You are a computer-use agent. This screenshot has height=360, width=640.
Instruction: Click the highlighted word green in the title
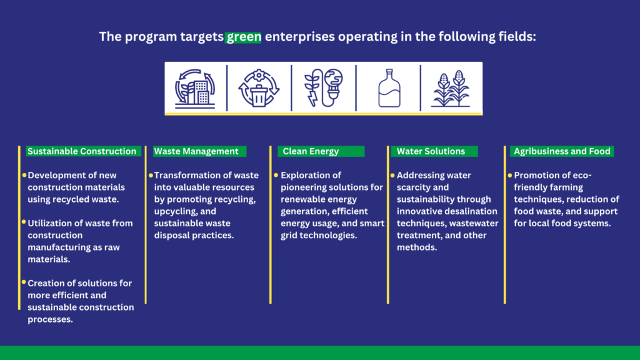point(243,37)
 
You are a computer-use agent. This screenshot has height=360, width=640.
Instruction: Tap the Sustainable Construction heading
point(82,151)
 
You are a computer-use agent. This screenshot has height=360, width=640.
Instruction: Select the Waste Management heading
point(196,151)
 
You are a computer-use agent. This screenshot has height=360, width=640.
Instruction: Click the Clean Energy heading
point(311,151)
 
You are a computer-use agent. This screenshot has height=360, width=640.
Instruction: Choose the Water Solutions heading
point(431,151)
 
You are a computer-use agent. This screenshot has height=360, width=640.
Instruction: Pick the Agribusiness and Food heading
point(562,151)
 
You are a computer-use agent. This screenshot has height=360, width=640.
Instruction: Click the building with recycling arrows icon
point(195,89)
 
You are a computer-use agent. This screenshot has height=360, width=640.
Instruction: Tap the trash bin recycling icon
point(259,89)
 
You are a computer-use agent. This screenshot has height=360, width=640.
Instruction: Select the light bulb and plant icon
point(324,87)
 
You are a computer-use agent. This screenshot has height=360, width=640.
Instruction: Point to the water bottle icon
point(389,88)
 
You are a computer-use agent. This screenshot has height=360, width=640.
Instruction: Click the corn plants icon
point(451,89)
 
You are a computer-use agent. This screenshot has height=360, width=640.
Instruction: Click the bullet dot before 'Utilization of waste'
point(24,222)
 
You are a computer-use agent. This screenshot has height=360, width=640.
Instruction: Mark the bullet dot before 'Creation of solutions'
point(24,282)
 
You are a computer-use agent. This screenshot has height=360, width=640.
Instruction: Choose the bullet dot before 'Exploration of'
point(276,175)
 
